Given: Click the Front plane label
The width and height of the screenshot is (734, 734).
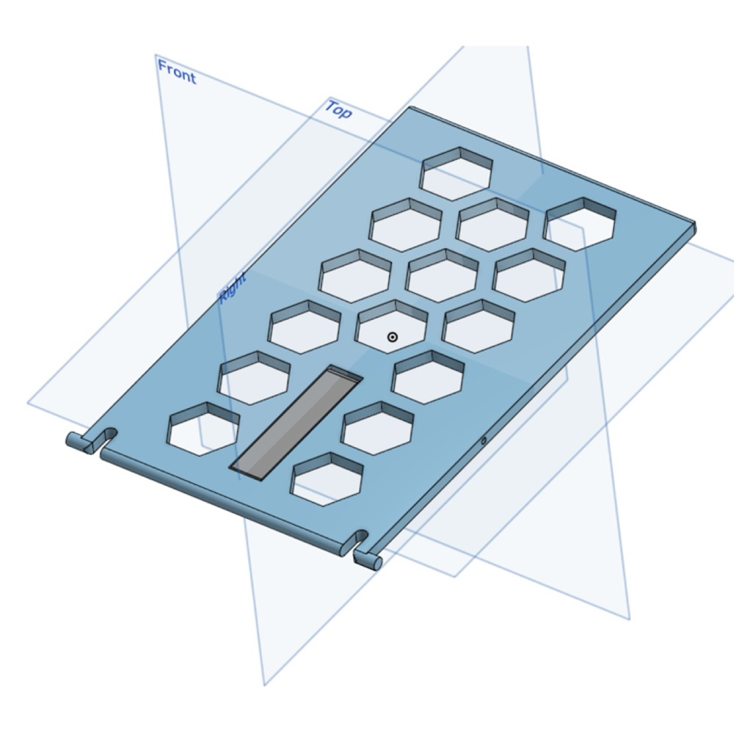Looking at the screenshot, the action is coord(177,72).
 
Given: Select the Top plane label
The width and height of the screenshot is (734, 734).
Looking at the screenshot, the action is coord(338,109).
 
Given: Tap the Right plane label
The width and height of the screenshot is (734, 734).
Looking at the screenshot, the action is coord(233,288).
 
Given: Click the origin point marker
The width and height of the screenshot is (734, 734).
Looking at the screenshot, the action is coord(392,337).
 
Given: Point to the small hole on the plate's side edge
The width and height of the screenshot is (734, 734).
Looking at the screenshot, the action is coord(484,440).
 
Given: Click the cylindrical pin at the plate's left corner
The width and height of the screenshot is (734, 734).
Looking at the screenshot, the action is coord(78,441).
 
